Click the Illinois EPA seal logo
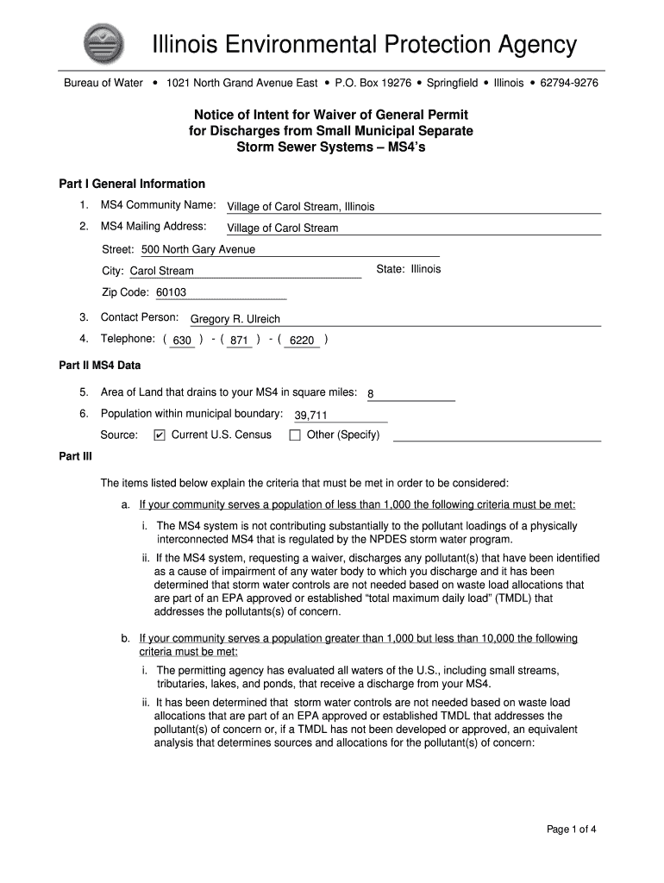102,45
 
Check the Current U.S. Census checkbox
159,435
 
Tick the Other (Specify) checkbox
295,435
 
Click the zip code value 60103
171,292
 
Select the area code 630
182,341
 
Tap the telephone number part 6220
302,341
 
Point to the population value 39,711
311,416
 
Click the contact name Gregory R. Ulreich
235,319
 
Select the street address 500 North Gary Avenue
198,250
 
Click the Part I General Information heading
132,184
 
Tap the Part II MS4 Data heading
99,366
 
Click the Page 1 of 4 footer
572,830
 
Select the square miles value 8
371,394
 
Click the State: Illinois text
408,269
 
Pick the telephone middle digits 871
240,341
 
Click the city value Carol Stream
161,272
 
